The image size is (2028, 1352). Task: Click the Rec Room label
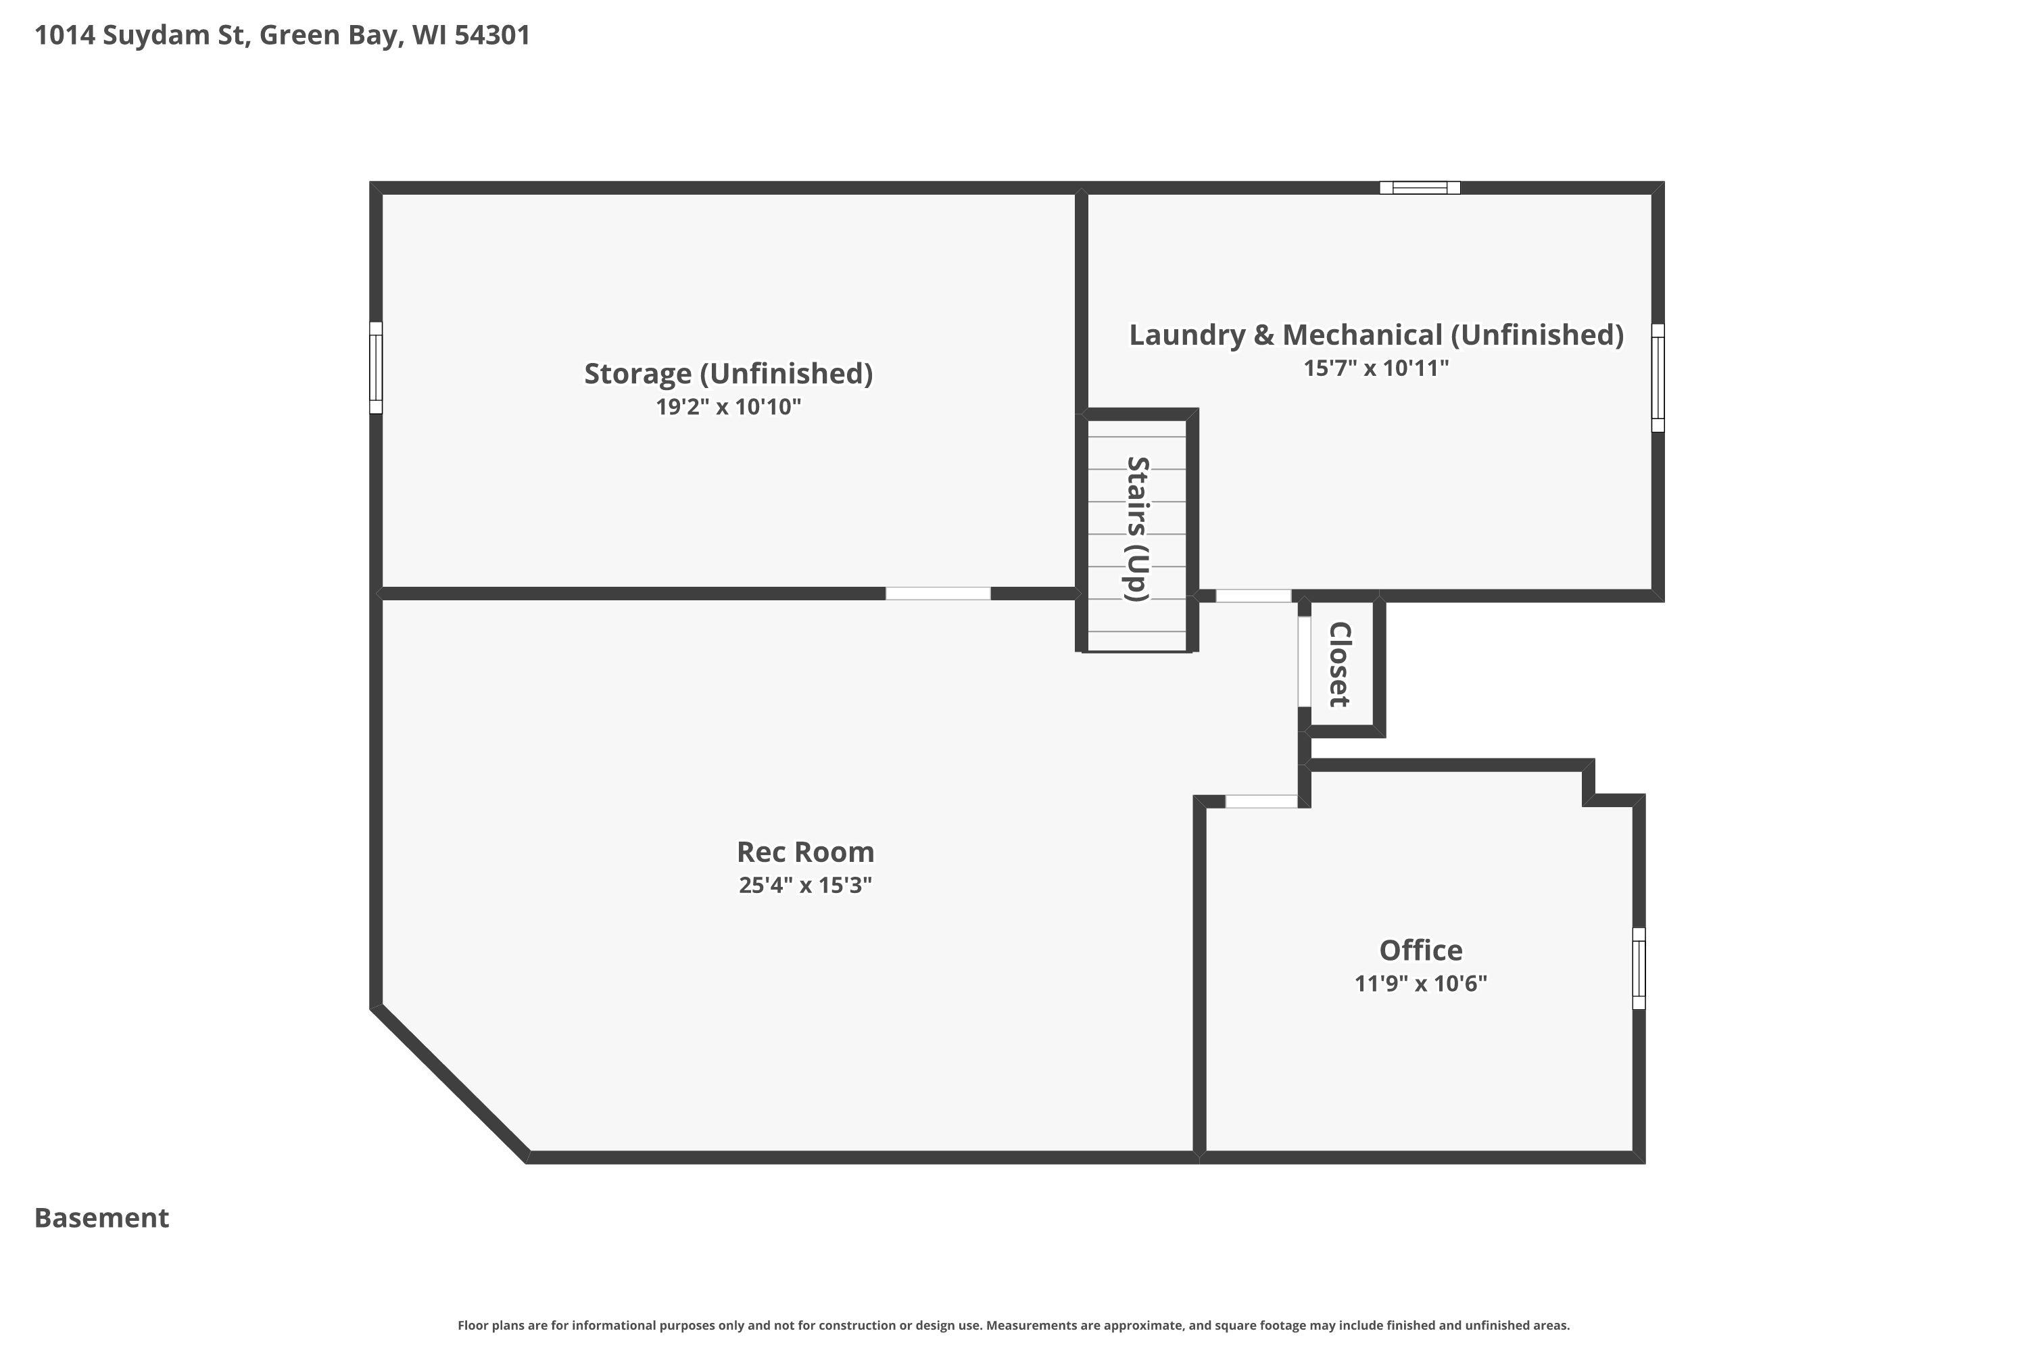click(805, 852)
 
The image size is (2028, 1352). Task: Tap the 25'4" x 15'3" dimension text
click(805, 886)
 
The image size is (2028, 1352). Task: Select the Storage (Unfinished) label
click(729, 373)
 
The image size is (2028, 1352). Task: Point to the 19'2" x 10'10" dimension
click(729, 406)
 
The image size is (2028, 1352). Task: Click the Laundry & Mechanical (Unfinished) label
click(1376, 335)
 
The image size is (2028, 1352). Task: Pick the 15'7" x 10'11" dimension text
click(1376, 368)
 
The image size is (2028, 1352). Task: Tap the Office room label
click(1421, 950)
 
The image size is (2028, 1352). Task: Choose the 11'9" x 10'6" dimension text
click(1421, 983)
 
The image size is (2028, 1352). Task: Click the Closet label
click(1339, 664)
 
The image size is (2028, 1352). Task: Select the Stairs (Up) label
click(1138, 529)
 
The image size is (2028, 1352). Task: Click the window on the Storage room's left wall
click(376, 367)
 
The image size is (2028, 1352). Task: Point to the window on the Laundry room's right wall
click(1658, 378)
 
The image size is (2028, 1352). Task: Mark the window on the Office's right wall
click(1638, 968)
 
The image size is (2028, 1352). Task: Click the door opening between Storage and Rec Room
click(938, 594)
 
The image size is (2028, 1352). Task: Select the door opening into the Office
click(1261, 801)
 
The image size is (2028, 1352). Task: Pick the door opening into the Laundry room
click(1254, 596)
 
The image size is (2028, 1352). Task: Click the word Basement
click(102, 1217)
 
